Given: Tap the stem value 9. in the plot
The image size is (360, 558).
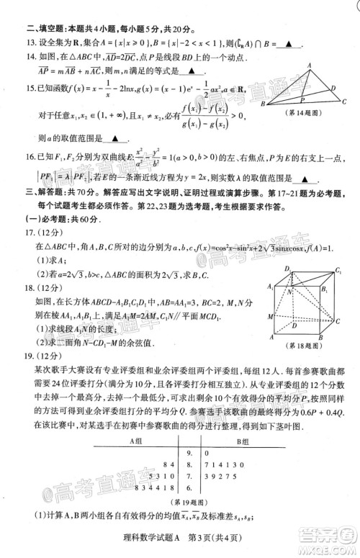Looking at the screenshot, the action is (x=190, y=453).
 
